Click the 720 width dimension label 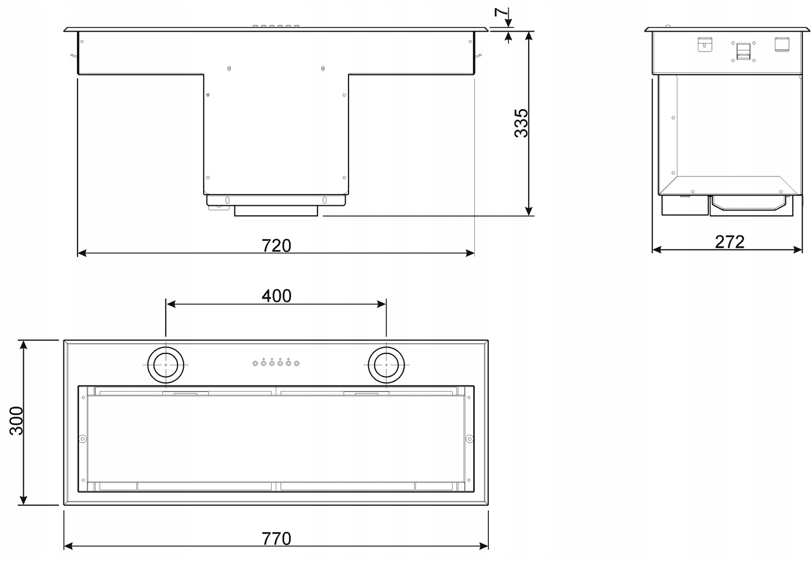click(x=276, y=245)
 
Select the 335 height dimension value click(x=521, y=123)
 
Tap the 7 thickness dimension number click(x=502, y=12)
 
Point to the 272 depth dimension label click(x=730, y=242)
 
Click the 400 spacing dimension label click(x=276, y=296)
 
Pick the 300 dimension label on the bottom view click(x=16, y=421)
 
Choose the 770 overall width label click(x=276, y=539)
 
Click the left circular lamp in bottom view click(x=166, y=365)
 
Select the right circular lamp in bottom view click(x=387, y=365)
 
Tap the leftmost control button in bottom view click(x=255, y=364)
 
